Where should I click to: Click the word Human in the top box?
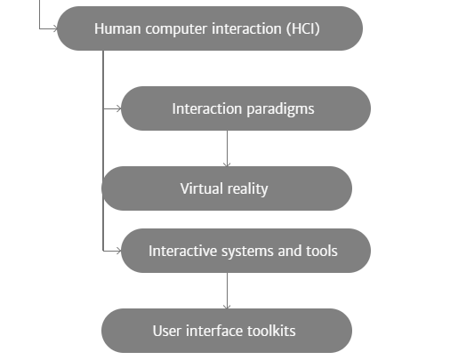[117, 28]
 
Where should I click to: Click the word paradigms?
[280, 109]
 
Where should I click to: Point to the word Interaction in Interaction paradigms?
[207, 108]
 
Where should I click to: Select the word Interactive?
[183, 251]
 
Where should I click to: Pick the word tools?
[322, 251]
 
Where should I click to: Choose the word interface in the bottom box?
[214, 331]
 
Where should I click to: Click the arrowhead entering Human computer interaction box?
[54, 28]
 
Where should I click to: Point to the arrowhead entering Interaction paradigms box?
[118, 108]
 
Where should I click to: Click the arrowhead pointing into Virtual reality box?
[227, 164]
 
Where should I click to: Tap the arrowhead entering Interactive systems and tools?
[118, 251]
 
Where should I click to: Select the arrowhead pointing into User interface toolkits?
[227, 306]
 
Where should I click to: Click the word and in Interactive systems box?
[290, 251]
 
